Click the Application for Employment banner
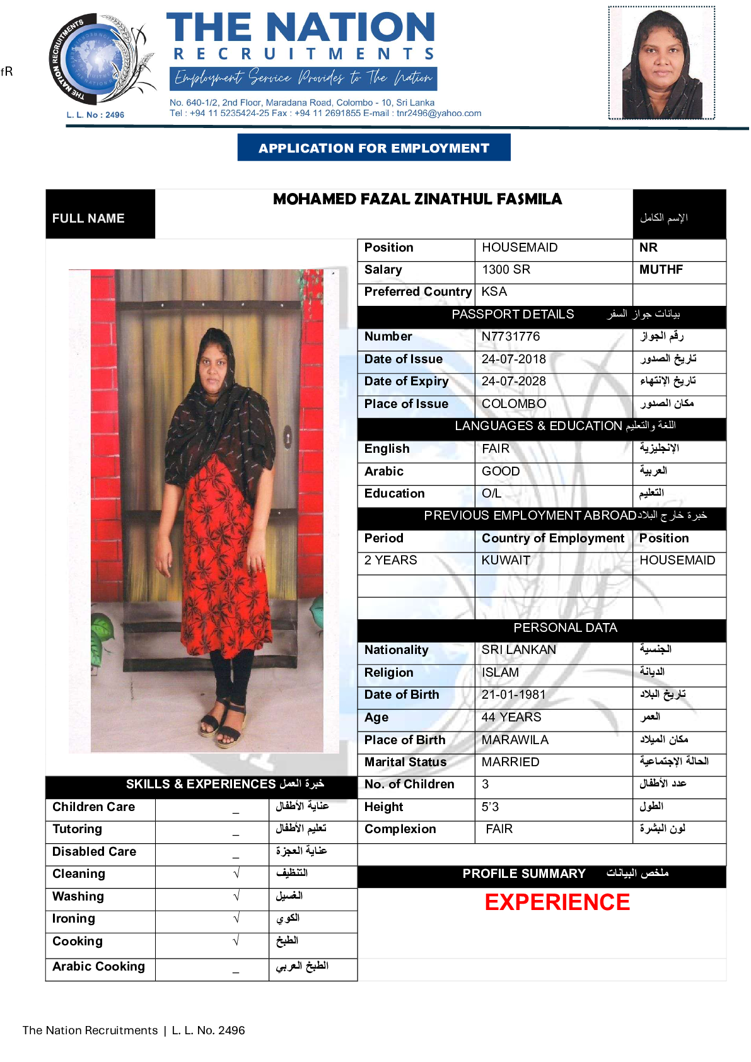[x=373, y=148]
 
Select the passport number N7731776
[x=511, y=337]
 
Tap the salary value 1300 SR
[x=506, y=270]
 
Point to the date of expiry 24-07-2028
[x=513, y=382]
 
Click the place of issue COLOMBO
[x=514, y=404]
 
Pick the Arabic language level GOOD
[x=501, y=471]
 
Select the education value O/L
[x=491, y=493]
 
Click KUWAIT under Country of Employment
[x=506, y=560]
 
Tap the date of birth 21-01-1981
[x=513, y=694]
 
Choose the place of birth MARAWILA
[x=515, y=740]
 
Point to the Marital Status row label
[x=405, y=762]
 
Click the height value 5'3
[x=490, y=807]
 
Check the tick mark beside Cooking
[x=236, y=941]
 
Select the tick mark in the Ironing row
[x=236, y=918]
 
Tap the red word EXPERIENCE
[x=557, y=902]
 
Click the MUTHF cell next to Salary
[x=661, y=270]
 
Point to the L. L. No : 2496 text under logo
[x=95, y=115]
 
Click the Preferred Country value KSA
[x=494, y=292]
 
